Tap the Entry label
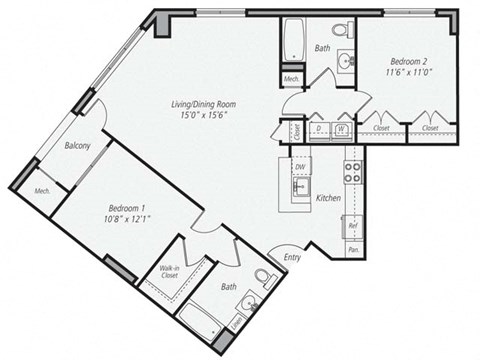[x=292, y=257]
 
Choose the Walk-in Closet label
[x=169, y=273]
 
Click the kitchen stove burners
[x=352, y=171]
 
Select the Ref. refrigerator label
[x=353, y=225]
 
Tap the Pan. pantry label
[x=353, y=250]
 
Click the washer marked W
[x=342, y=128]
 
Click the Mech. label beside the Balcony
[x=42, y=191]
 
